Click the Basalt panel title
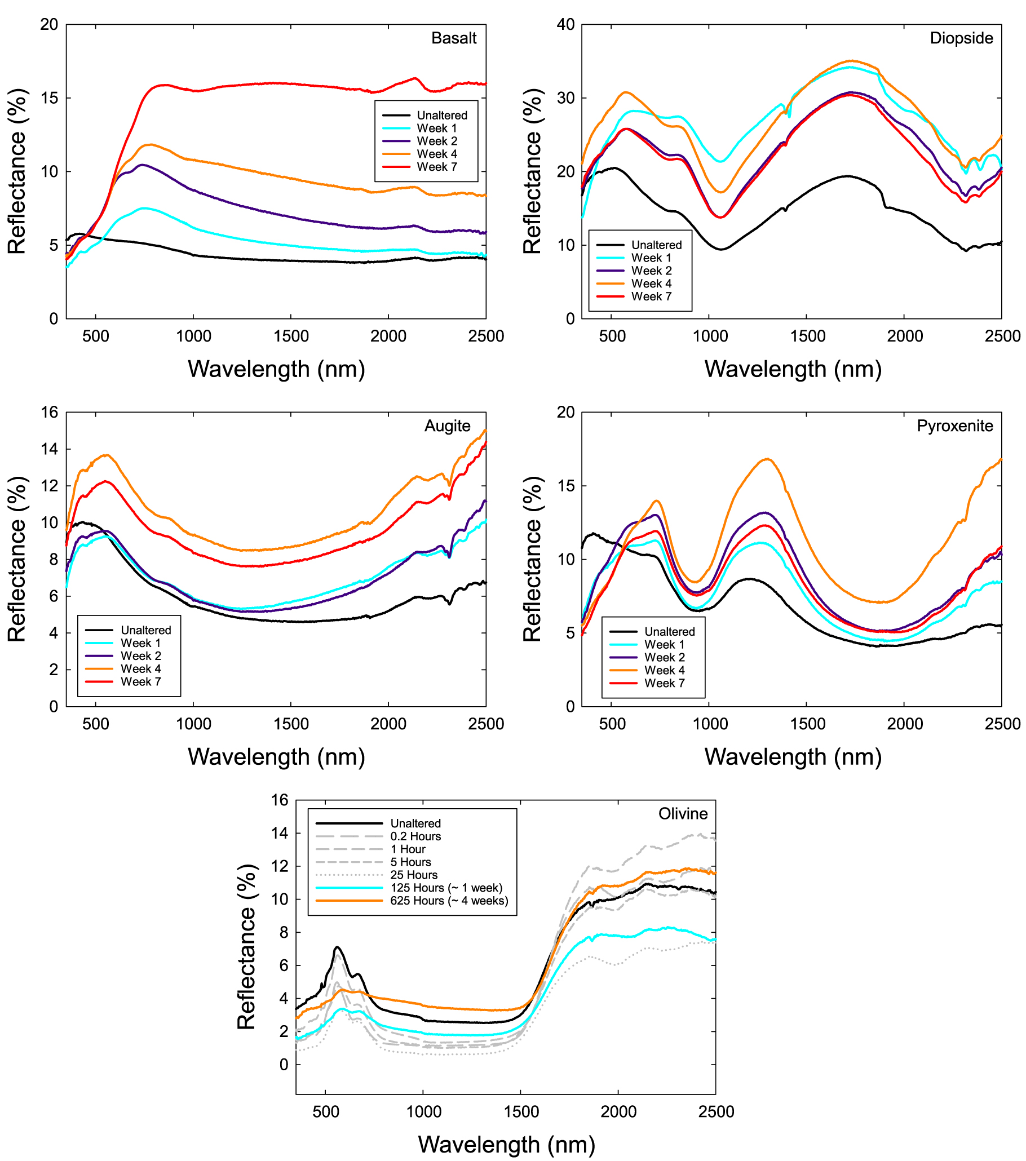tap(453, 38)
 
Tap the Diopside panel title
tap(961, 38)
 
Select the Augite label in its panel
tap(447, 426)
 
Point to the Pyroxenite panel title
tap(954, 426)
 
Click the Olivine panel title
tap(683, 814)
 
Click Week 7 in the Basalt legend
tap(436, 167)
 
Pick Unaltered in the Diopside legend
tap(656, 245)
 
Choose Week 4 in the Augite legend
tap(140, 668)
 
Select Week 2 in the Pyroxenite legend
tap(664, 657)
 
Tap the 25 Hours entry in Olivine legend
tap(414, 875)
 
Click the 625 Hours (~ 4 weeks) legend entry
tap(449, 901)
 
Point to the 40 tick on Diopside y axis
tap(565, 24)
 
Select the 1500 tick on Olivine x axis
tap(521, 1111)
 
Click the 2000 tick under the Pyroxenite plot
tap(904, 724)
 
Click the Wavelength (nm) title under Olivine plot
tap(506, 1144)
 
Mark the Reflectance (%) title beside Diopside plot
tap(532, 171)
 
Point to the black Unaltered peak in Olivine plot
tap(337, 947)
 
